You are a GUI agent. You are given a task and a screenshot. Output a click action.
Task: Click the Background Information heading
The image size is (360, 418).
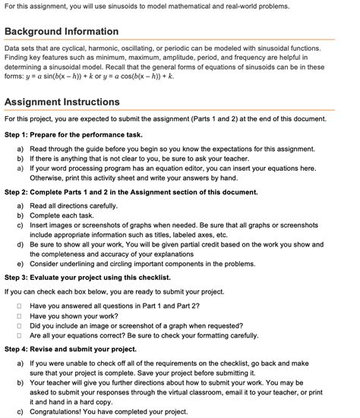62,32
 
